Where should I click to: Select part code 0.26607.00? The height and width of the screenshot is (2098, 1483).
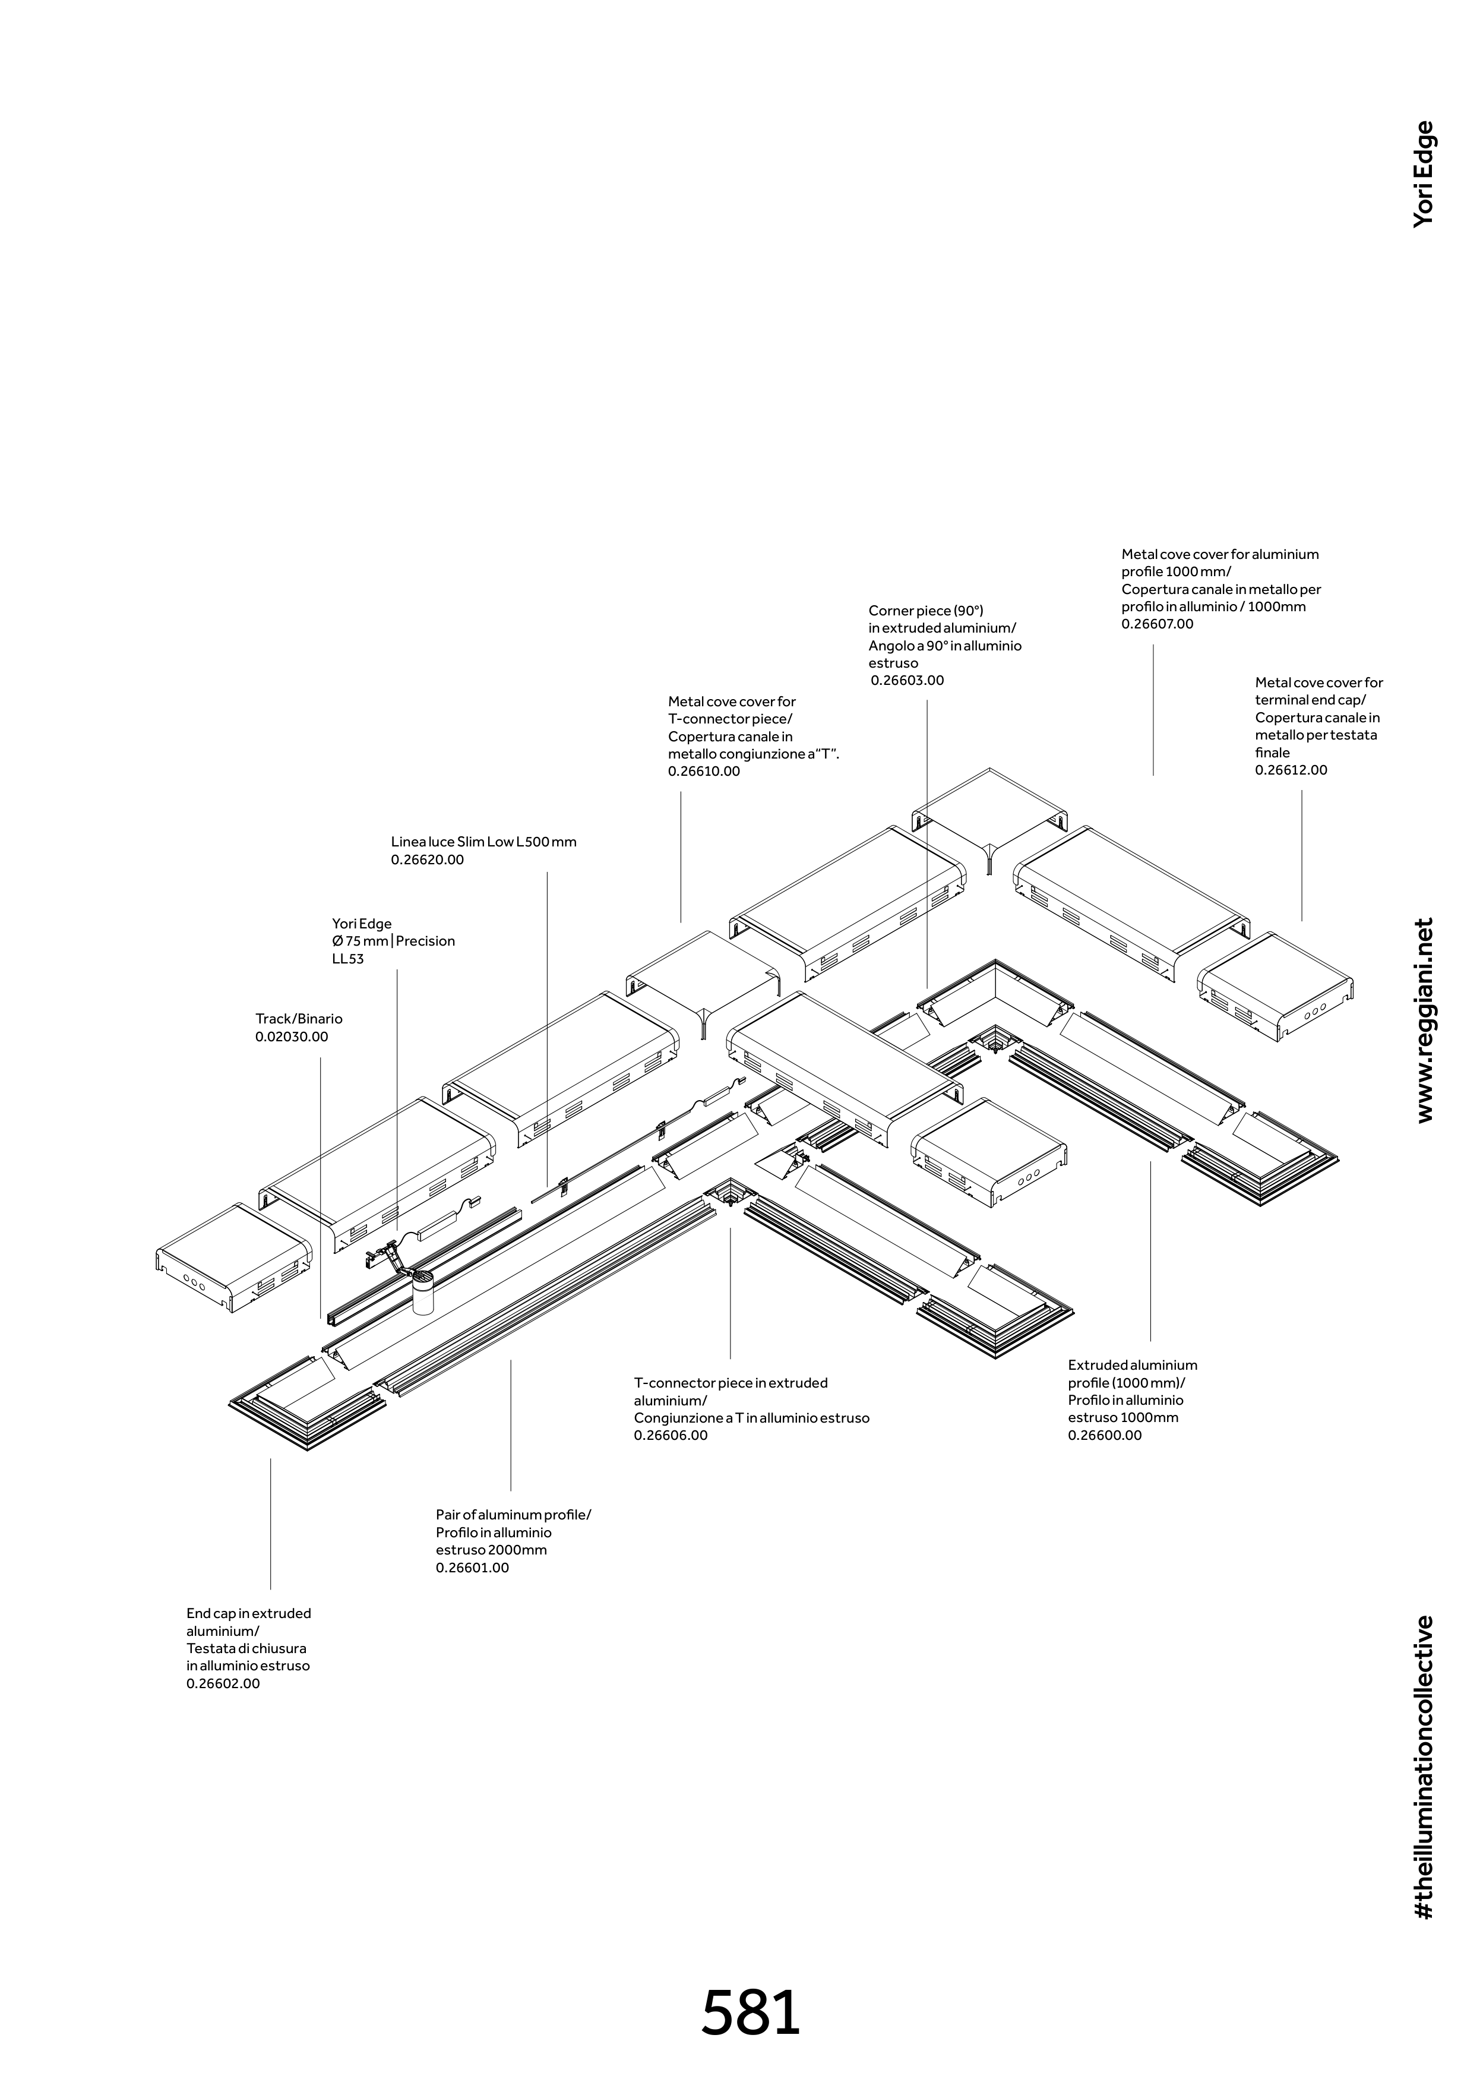[1157, 624]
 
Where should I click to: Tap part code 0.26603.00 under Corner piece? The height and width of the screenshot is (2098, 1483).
[907, 681]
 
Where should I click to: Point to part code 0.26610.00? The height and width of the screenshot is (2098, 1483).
[704, 771]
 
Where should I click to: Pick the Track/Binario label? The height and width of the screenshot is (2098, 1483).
[299, 1019]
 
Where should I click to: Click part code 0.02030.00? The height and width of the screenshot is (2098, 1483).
[292, 1037]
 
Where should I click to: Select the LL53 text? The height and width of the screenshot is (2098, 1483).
[347, 959]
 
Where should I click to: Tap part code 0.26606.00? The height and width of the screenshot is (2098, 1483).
[671, 1436]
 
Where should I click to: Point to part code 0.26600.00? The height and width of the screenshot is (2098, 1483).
[1105, 1436]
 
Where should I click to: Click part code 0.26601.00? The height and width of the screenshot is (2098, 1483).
[472, 1568]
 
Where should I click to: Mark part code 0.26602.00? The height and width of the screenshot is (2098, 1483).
[223, 1684]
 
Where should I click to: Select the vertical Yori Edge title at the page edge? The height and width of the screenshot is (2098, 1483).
[1424, 173]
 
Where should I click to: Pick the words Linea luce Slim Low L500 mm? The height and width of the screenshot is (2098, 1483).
[483, 842]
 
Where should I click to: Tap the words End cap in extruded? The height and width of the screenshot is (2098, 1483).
[248, 1614]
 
